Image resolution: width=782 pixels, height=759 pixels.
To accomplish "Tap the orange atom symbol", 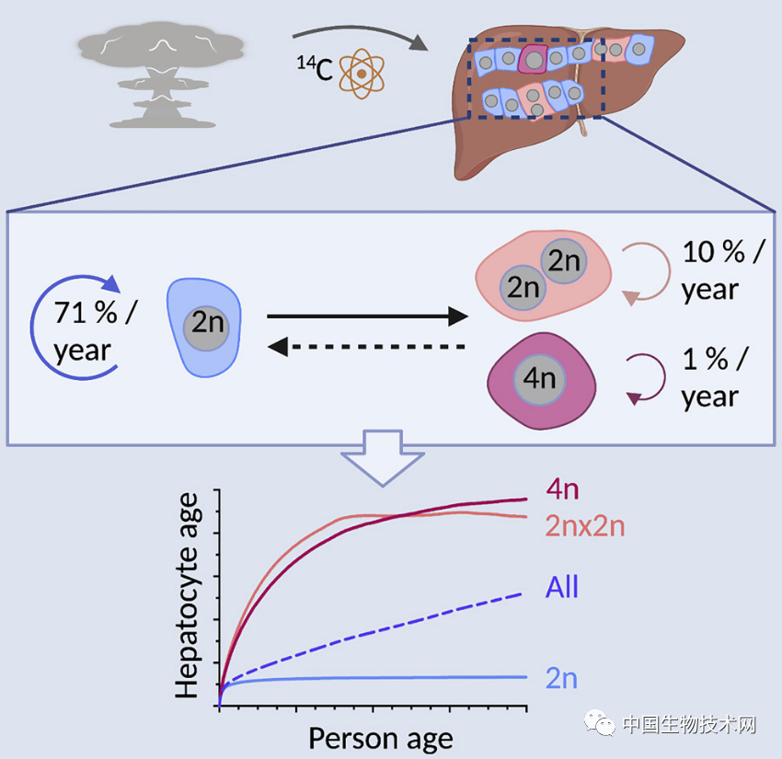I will [362, 73].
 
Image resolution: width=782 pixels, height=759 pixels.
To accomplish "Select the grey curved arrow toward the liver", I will [359, 35].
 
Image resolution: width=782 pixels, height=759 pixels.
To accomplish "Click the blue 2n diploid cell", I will [204, 328].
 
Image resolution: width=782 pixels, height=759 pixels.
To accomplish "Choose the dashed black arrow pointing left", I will [367, 347].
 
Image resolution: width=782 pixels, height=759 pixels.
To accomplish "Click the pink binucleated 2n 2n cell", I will [543, 273].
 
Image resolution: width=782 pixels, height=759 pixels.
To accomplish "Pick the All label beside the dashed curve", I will [562, 586].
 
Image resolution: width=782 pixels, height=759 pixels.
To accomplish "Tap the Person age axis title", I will [380, 738].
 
